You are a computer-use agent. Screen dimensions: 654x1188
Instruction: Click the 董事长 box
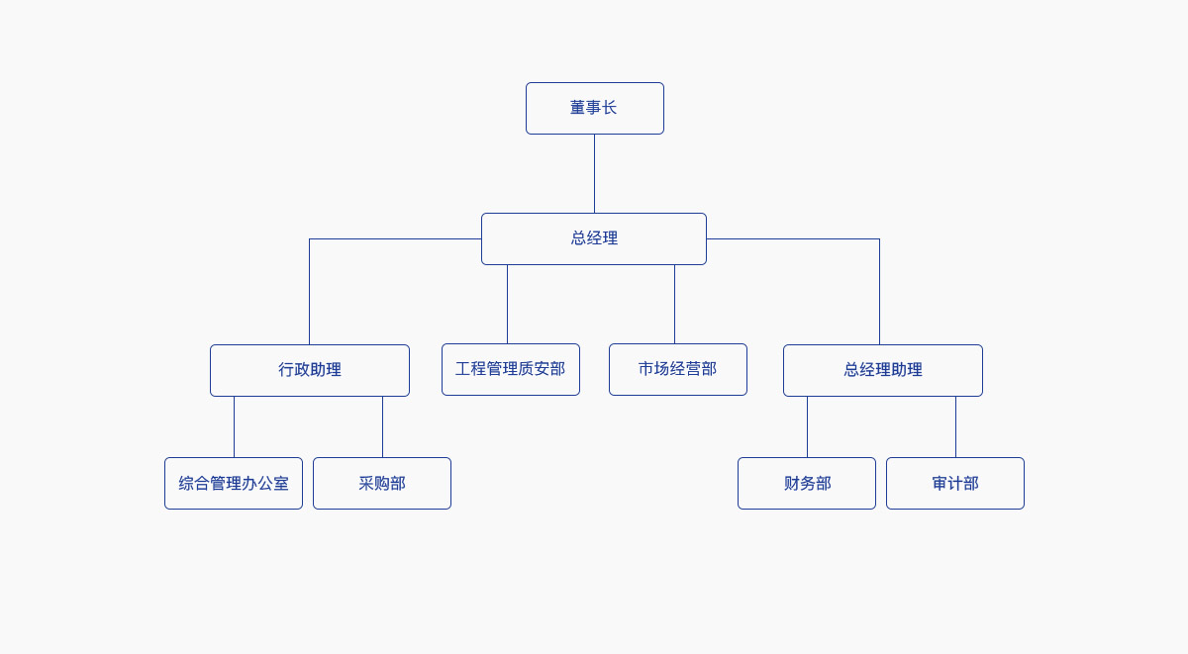[x=594, y=108]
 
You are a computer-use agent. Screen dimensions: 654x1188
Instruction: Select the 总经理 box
[x=594, y=238]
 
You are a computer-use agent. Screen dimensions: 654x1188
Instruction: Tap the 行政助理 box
[x=309, y=370]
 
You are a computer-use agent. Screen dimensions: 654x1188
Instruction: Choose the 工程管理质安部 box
[x=510, y=369]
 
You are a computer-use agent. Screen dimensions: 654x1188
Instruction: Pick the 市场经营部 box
[x=677, y=369]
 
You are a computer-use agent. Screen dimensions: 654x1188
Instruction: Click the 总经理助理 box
[x=882, y=370]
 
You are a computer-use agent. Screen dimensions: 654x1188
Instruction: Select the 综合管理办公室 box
[x=233, y=483]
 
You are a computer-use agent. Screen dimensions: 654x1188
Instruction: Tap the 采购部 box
[x=381, y=483]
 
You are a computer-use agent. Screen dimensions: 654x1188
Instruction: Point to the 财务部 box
[x=806, y=483]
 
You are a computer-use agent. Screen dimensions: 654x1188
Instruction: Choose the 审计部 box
[x=954, y=483]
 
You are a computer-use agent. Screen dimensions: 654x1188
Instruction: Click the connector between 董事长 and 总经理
[x=594, y=173]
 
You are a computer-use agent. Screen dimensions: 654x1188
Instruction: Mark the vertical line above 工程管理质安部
[x=507, y=304]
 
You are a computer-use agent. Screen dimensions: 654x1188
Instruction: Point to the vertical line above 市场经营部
[x=674, y=304]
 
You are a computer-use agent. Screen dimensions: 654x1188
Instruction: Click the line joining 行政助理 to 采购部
[x=382, y=426]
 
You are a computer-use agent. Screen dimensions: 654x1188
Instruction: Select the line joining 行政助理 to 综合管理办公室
[x=234, y=426]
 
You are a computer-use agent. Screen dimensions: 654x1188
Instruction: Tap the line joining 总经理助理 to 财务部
[x=807, y=426]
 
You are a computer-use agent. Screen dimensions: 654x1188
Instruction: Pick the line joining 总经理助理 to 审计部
[x=955, y=426]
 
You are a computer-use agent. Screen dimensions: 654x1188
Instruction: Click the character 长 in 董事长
[x=610, y=108]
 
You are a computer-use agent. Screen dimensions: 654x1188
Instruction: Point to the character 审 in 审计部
[x=940, y=483]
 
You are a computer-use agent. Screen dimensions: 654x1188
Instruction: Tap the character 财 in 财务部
[x=791, y=483]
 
